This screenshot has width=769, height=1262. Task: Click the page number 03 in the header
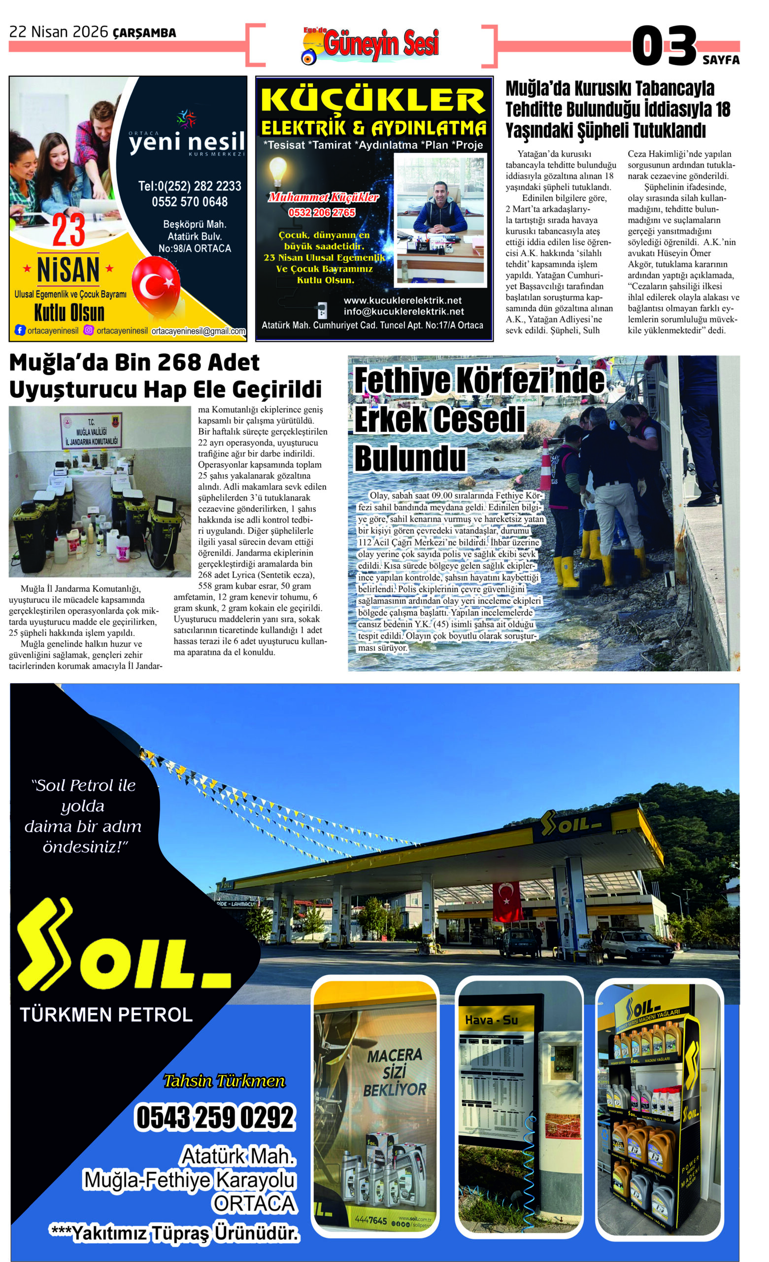[664, 47]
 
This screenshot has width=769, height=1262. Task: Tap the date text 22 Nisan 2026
[59, 32]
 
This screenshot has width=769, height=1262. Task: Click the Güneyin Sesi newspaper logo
[374, 45]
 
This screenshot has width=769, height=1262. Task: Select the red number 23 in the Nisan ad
[68, 231]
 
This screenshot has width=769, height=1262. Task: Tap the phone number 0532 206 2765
[322, 212]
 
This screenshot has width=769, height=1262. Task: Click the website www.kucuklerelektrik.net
[402, 301]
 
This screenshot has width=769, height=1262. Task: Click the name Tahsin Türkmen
[224, 1081]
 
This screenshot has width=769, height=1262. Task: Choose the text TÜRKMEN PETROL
[106, 1015]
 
